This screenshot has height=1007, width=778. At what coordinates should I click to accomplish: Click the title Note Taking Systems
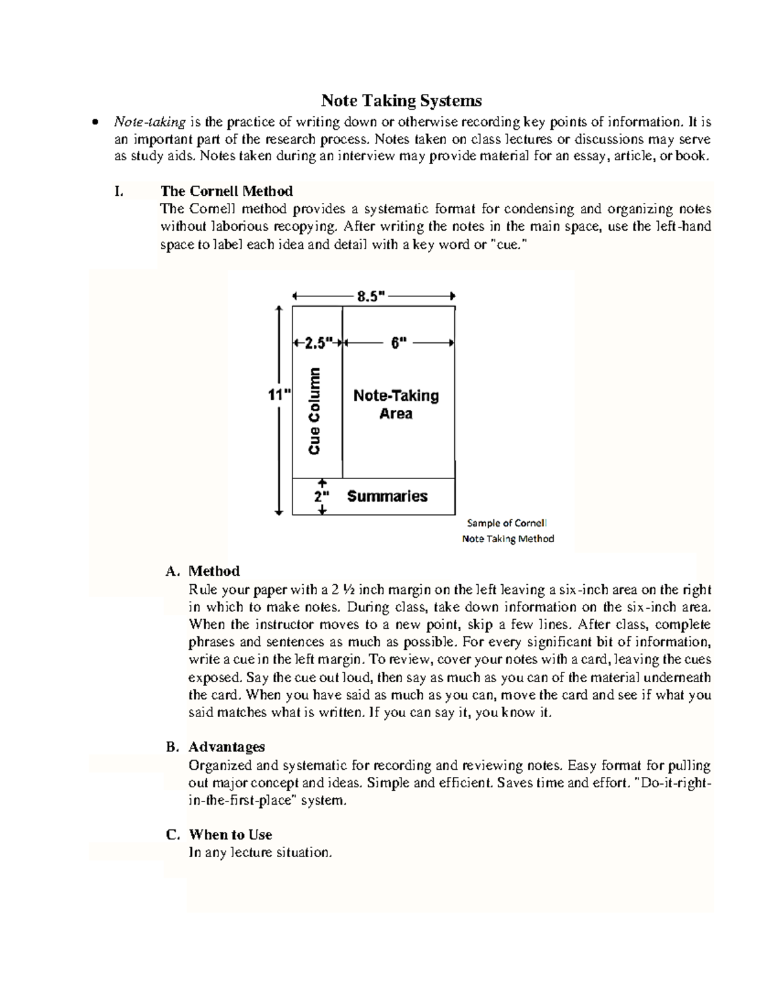pos(401,101)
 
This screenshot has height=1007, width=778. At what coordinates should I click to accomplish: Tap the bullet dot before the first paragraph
pos(96,123)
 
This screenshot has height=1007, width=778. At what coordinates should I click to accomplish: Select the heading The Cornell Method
pos(226,191)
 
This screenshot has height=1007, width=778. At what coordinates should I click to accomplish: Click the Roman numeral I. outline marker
pos(118,191)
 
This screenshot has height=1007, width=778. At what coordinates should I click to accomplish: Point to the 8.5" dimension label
pos(371,296)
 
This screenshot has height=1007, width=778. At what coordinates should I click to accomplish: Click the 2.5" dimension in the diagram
pos(318,342)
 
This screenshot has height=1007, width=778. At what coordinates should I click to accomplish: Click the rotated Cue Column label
pos(314,411)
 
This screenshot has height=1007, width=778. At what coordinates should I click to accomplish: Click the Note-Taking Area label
pos(396,405)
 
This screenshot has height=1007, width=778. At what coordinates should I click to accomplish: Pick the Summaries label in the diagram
pos(387,497)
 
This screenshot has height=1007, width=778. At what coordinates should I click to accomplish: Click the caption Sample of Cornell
pos(507,523)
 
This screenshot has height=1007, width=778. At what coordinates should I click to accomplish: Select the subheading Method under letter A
pos(214,571)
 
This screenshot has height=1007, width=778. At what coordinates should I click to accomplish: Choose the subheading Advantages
pos(226,747)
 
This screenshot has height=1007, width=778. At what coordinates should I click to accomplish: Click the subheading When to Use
pos(230,835)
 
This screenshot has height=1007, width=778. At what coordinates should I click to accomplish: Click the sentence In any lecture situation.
pos(260,853)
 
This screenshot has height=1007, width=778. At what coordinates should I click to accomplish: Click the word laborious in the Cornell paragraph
pos(240,227)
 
